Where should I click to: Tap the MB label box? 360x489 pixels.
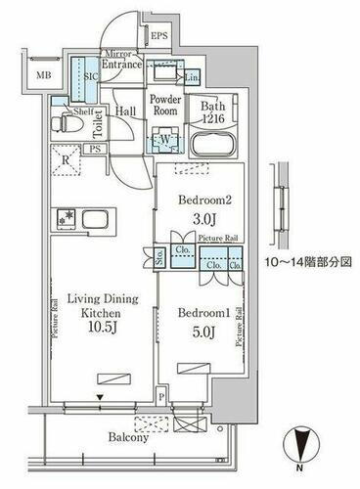[x=45, y=73]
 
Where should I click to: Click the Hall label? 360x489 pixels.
[x=125, y=111]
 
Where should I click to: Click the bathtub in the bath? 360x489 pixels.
[x=212, y=146]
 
